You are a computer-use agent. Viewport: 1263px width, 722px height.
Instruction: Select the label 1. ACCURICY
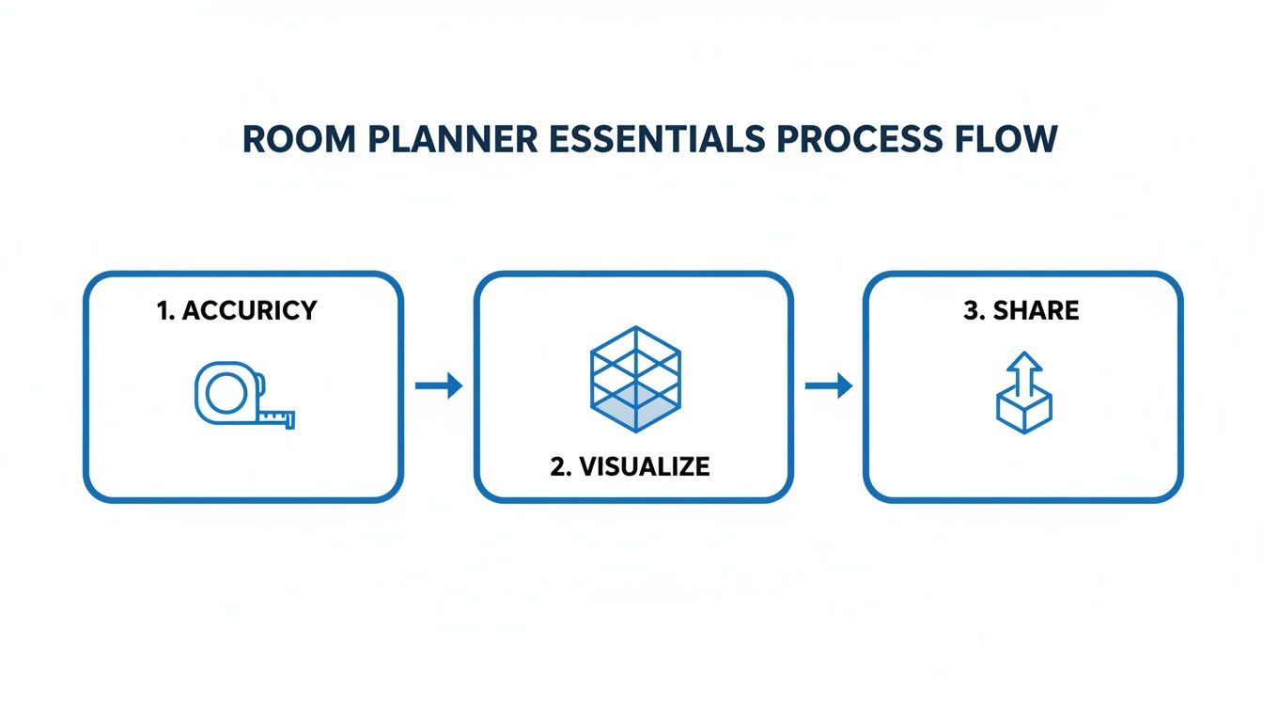pos(237,311)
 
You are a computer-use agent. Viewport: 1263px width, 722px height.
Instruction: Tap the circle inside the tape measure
pos(226,392)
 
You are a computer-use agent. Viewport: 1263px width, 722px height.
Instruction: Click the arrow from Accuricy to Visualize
pos(439,385)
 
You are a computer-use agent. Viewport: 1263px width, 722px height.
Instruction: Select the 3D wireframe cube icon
pos(635,379)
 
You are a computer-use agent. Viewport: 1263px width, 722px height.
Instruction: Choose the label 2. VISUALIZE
pos(630,466)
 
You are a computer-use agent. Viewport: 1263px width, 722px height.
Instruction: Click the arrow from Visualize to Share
pos(829,385)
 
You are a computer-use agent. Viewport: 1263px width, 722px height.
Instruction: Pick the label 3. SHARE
pos(1021,311)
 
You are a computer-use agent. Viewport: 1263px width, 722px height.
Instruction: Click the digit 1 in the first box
pos(162,311)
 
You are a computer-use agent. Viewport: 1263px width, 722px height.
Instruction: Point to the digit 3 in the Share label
pos(972,311)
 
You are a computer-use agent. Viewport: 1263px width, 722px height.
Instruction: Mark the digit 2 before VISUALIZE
pos(557,466)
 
